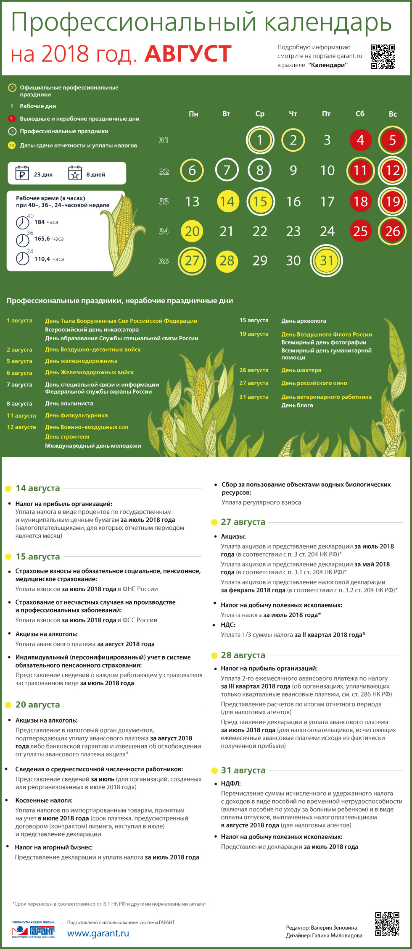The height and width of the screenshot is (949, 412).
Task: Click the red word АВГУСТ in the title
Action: (x=188, y=54)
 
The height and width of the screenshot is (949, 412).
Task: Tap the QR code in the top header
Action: (x=383, y=56)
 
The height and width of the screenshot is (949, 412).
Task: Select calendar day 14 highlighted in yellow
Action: (x=227, y=202)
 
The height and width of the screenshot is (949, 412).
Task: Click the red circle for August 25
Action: (x=360, y=231)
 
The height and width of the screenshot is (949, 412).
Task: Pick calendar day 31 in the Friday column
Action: (x=327, y=261)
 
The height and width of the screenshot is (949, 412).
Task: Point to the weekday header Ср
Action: (x=260, y=114)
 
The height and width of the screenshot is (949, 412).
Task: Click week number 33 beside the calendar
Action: (x=164, y=202)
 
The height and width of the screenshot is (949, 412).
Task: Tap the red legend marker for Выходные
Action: (x=12, y=119)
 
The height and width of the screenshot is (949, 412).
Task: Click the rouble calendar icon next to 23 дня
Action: (x=22, y=173)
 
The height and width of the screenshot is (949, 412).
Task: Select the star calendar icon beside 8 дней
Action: (x=75, y=173)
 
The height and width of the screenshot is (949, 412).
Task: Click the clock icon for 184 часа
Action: (x=22, y=222)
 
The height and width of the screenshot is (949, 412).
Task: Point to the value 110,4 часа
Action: (x=49, y=259)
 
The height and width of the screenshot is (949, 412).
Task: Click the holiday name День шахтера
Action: (x=301, y=370)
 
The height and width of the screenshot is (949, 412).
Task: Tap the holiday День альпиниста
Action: (x=69, y=403)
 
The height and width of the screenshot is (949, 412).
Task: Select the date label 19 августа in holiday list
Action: (x=254, y=334)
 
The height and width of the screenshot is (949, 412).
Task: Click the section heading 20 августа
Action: (x=37, y=705)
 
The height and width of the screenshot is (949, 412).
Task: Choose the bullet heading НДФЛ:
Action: (x=231, y=783)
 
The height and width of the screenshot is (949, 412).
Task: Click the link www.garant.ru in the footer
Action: (x=98, y=933)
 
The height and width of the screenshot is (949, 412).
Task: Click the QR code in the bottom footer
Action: (x=387, y=924)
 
